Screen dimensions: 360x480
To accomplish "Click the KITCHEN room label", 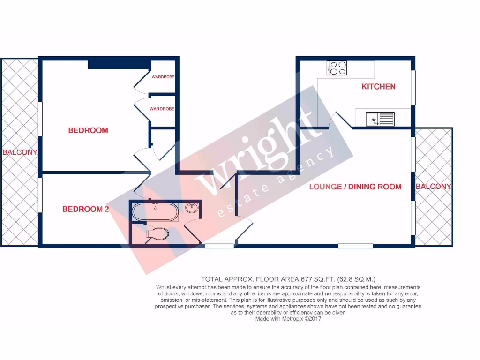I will point(378,86).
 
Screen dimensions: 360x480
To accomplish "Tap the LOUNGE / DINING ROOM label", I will point(355,187).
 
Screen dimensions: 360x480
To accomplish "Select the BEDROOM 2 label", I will point(86,209).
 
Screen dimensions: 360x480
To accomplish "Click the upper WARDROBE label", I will point(163,77).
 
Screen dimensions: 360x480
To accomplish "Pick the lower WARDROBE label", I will point(162,109).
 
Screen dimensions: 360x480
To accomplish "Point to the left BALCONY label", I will point(20,152).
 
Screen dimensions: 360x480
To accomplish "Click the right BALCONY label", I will point(434,187).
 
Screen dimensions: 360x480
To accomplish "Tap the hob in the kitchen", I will point(337,68).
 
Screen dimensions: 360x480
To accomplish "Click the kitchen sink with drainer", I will point(380,119).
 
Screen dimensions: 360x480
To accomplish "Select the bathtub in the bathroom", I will point(155,211).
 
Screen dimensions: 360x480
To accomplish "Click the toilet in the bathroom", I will point(157,233).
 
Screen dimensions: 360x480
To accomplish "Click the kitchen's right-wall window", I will point(413,88).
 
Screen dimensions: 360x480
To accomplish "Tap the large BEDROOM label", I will point(88,130).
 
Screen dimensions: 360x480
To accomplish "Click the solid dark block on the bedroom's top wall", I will point(119,64).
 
